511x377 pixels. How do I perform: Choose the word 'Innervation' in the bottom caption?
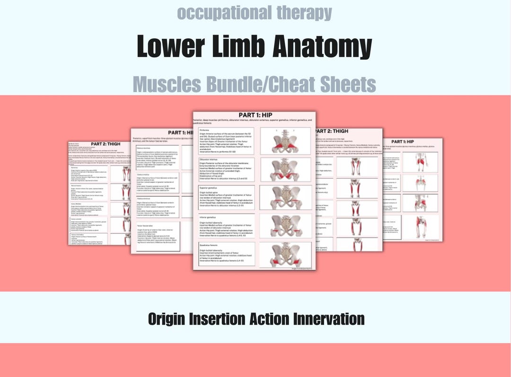coord(329,318)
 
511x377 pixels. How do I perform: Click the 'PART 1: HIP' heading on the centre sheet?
coord(255,115)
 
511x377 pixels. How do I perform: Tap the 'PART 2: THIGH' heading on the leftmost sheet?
coord(105,144)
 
